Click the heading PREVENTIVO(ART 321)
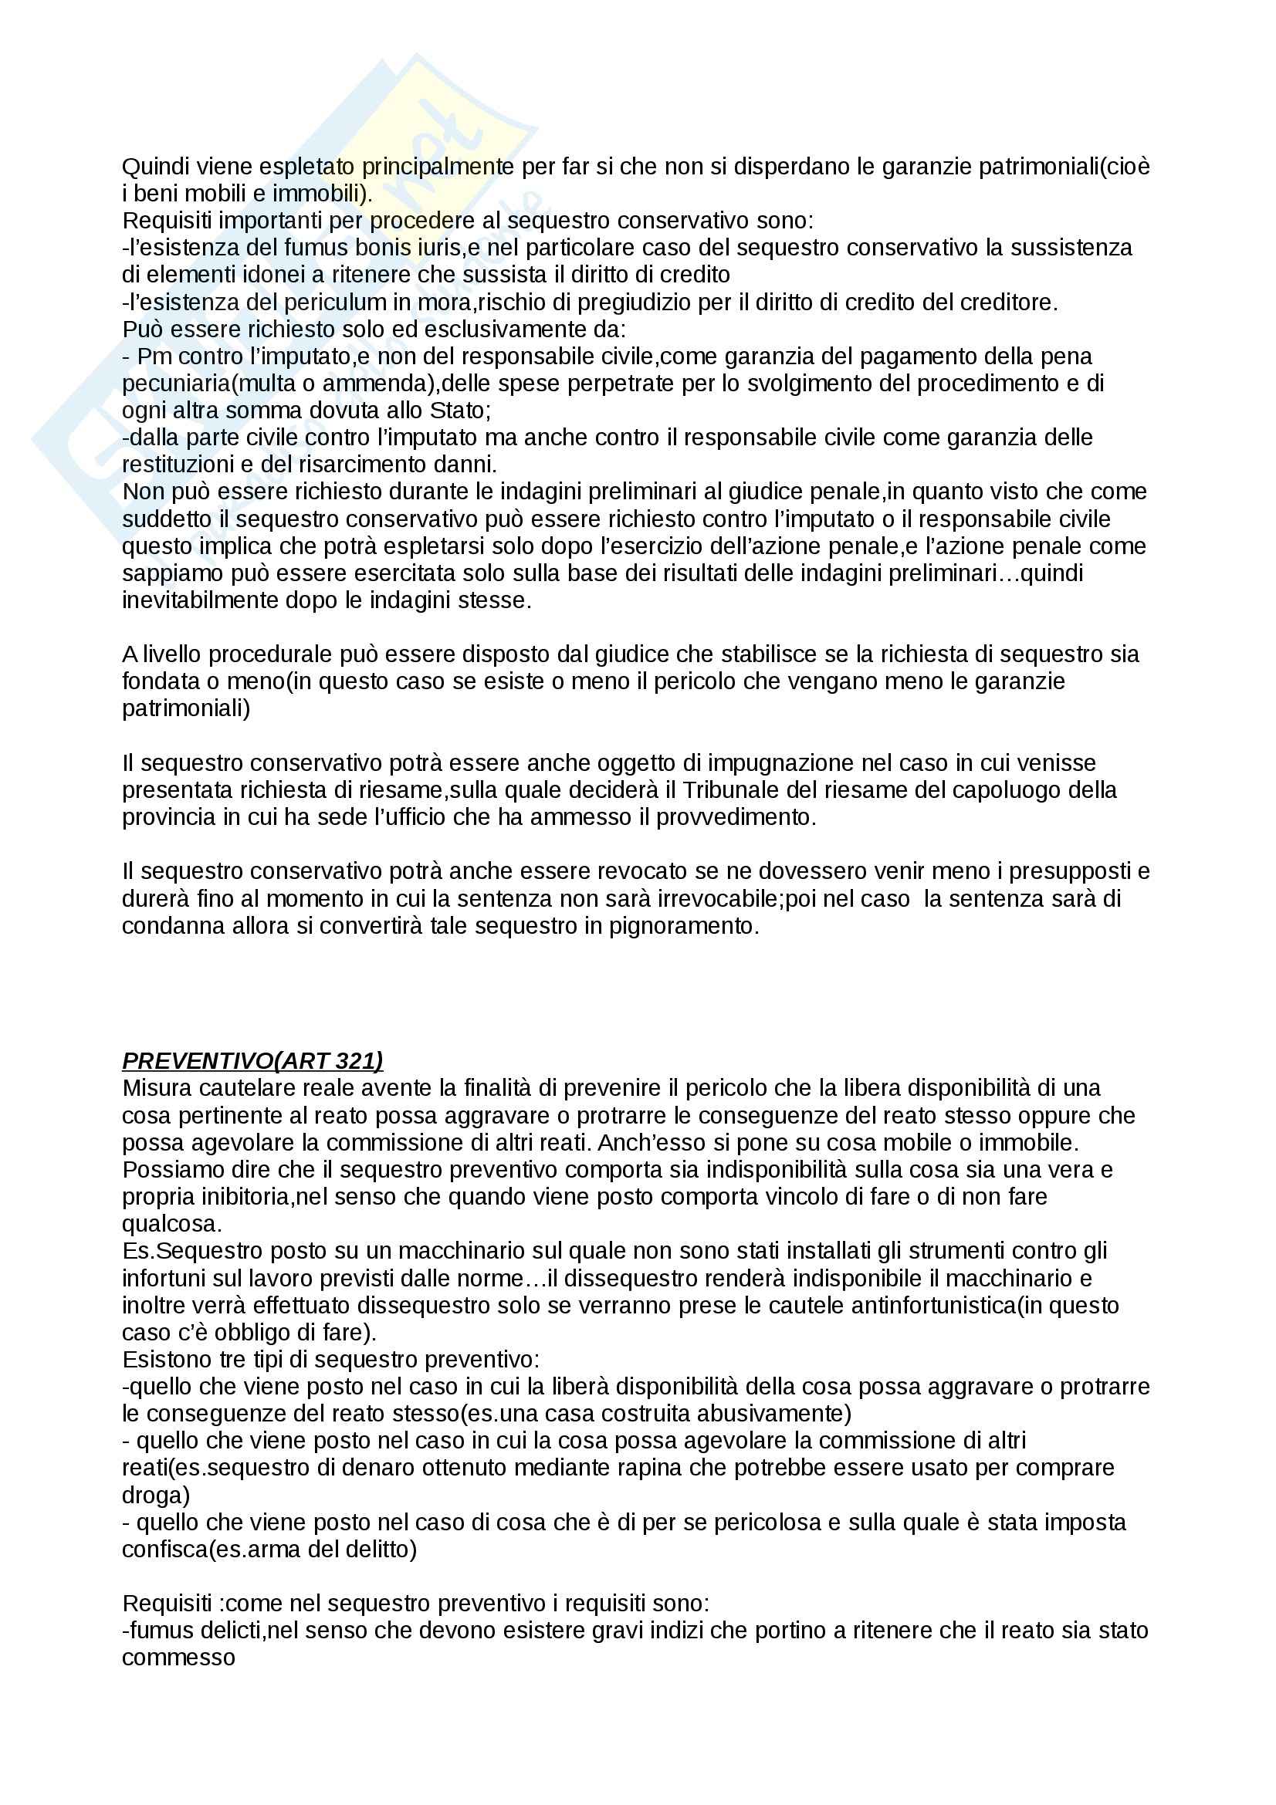(252, 1061)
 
